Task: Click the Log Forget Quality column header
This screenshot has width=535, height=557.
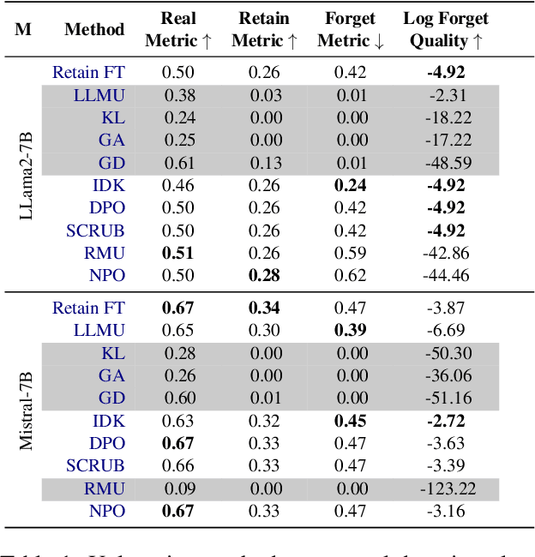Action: [446, 29]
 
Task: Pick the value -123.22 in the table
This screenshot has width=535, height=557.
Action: [446, 489]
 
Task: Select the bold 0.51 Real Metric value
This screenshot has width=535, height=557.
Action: [177, 253]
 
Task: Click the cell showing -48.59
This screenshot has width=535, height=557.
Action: [446, 163]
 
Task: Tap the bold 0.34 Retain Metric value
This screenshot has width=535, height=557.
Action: [264, 308]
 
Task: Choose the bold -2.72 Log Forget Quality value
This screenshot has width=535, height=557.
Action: [446, 421]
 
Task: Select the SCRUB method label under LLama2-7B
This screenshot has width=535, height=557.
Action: [95, 231]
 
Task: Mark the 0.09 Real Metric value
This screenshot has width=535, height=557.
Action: [177, 489]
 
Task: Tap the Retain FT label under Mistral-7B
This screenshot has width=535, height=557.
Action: [88, 308]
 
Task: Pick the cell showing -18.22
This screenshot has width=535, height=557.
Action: [446, 118]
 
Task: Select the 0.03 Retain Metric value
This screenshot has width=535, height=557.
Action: [264, 96]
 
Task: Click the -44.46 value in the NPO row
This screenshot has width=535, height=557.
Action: [446, 275]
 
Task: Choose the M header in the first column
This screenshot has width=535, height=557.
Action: [23, 29]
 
